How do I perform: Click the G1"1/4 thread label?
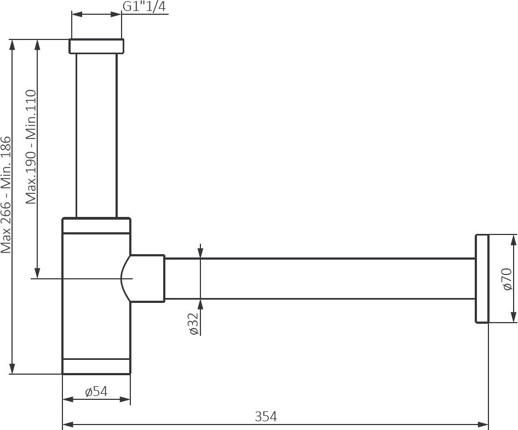(x=144, y=6)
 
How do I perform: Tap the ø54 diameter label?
(x=96, y=392)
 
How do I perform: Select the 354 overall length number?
(x=266, y=416)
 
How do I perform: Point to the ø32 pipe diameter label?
(x=194, y=323)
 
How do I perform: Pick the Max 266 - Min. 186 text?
(x=6, y=195)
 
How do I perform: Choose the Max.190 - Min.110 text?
(x=31, y=147)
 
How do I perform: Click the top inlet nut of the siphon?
(x=96, y=46)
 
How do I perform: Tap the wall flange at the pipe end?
(x=482, y=279)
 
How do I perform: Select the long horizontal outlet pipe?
(x=320, y=279)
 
